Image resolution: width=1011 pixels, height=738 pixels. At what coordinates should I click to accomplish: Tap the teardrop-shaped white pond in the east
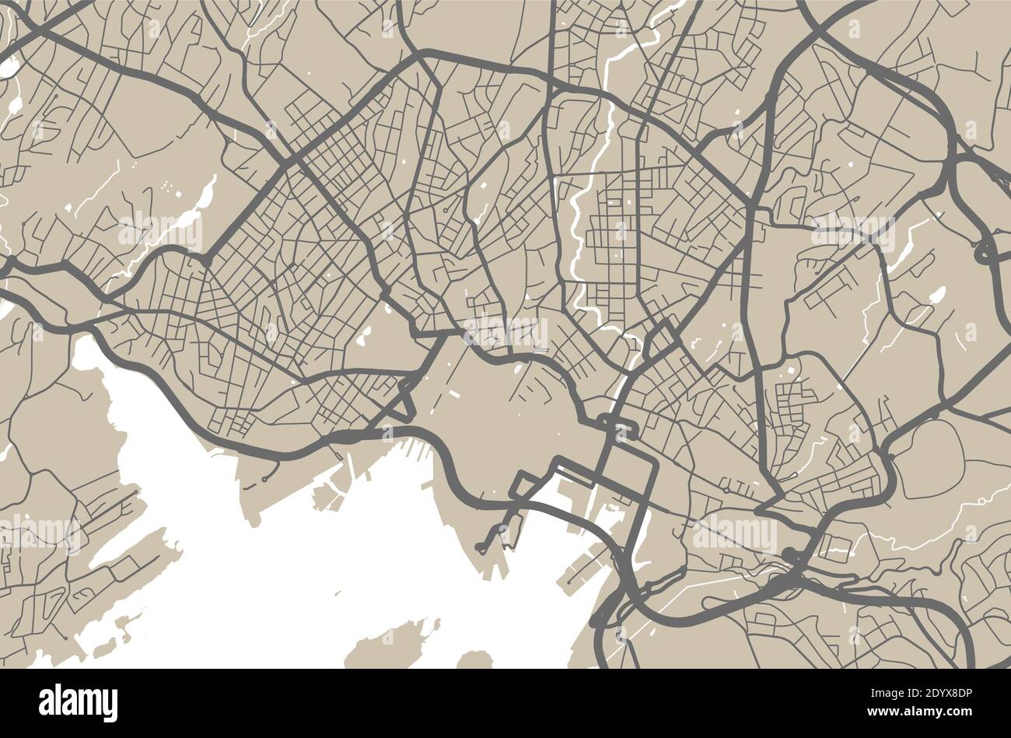tap(937, 296)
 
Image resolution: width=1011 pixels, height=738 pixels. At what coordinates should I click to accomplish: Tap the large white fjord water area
tap(311, 575)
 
